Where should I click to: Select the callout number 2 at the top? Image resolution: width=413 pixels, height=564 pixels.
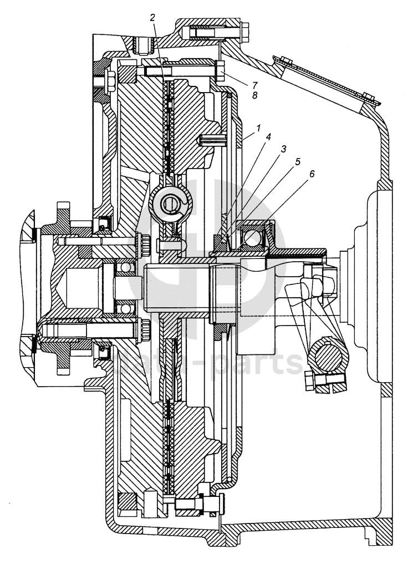pos(152,16)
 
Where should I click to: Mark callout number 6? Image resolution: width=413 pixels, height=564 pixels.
pos(312,173)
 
